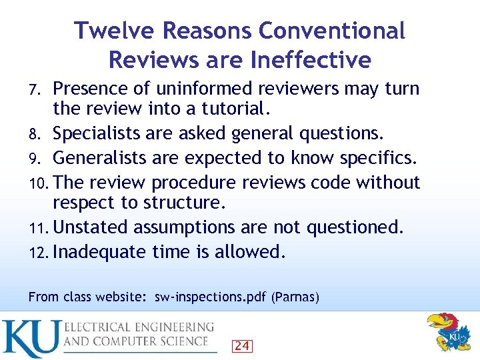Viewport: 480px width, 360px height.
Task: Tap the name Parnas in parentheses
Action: point(295,297)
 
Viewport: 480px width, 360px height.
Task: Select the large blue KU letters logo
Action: point(29,337)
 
